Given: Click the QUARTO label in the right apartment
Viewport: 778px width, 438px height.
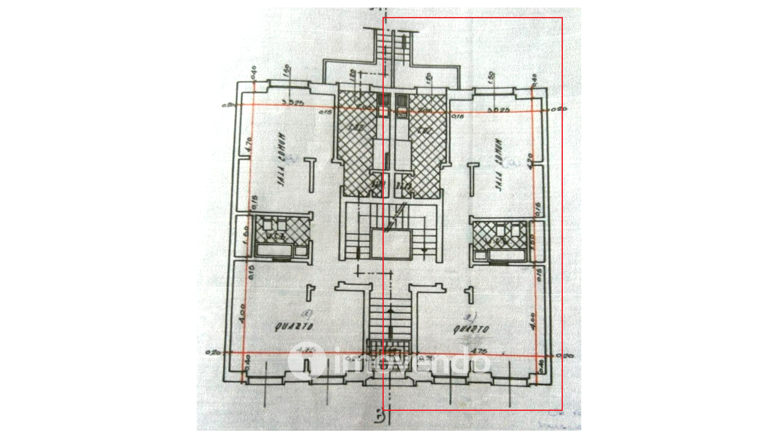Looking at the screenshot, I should tap(470, 329).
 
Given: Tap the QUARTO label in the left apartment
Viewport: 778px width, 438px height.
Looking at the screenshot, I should tap(294, 326).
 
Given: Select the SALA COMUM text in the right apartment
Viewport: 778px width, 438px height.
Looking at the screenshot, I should tap(498, 165).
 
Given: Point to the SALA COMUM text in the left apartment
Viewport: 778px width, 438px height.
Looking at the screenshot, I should tap(281, 159).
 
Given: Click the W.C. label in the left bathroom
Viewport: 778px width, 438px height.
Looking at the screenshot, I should tap(276, 236).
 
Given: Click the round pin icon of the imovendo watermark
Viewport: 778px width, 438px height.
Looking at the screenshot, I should tap(306, 361).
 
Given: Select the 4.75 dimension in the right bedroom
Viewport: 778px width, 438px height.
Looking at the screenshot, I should tap(479, 350).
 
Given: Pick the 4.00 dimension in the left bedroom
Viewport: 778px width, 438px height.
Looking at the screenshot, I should tap(242, 313).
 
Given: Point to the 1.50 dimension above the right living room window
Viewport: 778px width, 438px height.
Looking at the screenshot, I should tap(491, 77).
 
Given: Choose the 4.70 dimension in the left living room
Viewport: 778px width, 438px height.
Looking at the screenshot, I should tap(249, 144).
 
